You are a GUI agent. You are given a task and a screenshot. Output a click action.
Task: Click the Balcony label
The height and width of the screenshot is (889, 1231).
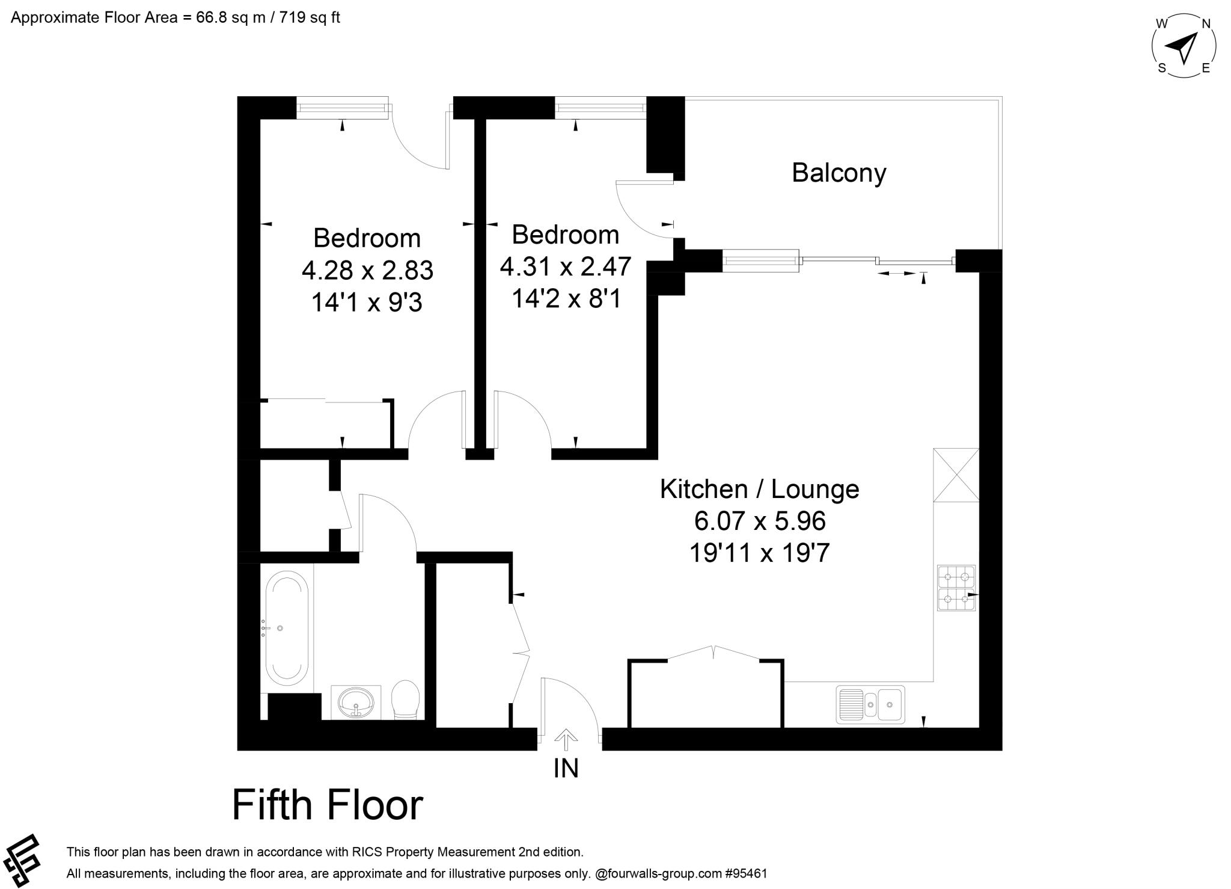coord(838,173)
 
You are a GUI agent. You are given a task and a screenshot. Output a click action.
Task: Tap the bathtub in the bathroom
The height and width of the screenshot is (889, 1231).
coord(287,629)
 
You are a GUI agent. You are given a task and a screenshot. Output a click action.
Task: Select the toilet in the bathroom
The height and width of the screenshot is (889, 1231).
coord(405,700)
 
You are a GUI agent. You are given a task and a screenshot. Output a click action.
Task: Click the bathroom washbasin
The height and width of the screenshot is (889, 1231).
coord(356,702)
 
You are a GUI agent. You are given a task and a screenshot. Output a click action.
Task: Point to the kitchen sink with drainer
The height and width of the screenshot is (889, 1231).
coord(870,704)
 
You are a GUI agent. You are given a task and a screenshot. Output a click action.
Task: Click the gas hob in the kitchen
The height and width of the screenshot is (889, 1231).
coord(956,588)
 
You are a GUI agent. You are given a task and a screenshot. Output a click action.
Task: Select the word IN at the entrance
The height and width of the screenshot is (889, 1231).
coord(566,768)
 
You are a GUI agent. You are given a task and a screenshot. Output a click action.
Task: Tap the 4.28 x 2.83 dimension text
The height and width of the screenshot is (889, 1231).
coord(367,270)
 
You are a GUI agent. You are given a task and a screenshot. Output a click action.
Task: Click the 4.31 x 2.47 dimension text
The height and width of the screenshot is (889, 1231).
coord(566,266)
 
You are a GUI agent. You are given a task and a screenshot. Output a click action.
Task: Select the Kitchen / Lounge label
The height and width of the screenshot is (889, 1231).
coord(760,490)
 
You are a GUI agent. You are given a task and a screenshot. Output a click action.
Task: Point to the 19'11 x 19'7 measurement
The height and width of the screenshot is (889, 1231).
coord(760,552)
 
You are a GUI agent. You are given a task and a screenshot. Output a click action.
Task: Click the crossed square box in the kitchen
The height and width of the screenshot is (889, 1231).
coord(956,475)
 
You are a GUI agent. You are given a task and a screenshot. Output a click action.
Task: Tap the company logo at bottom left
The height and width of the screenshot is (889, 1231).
coord(20,861)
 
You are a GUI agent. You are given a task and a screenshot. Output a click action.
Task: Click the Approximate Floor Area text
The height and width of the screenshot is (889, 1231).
coord(176,17)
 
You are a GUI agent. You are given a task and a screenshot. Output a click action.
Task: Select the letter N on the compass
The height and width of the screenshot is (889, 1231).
coord(1205,24)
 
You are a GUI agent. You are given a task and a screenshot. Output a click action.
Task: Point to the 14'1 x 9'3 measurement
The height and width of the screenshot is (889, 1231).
coord(367,302)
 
